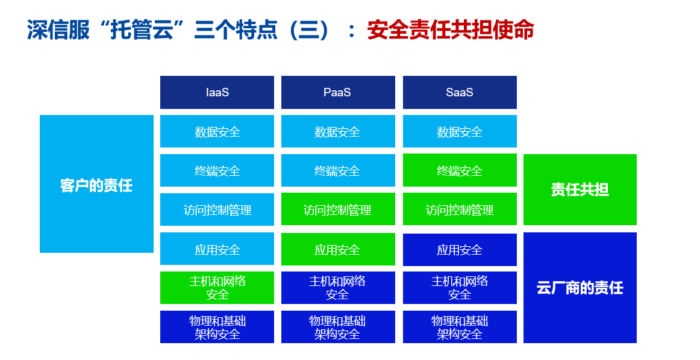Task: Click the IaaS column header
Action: click(x=217, y=92)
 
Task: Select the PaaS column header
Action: click(x=338, y=92)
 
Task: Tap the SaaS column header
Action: click(x=460, y=92)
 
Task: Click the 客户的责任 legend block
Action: click(x=96, y=184)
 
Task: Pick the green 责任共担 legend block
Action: click(x=580, y=190)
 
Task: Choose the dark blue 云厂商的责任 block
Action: click(x=580, y=288)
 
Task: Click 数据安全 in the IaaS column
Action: click(x=217, y=131)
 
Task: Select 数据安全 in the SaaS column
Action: click(x=460, y=131)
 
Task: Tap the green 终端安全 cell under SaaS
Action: click(x=460, y=170)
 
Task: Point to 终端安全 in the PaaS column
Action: click(x=338, y=170)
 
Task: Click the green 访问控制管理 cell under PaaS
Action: click(x=338, y=209)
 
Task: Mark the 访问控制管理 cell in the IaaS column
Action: click(x=217, y=209)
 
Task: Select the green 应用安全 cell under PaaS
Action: click(x=338, y=249)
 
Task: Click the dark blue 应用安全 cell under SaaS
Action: click(x=460, y=250)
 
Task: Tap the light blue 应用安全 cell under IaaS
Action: click(x=217, y=249)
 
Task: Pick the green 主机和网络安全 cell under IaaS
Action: click(x=217, y=288)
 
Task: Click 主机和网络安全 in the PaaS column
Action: click(x=338, y=288)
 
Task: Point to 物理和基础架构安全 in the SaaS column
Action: click(x=460, y=327)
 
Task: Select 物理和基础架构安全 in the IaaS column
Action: click(x=217, y=327)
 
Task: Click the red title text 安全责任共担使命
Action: click(x=451, y=30)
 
